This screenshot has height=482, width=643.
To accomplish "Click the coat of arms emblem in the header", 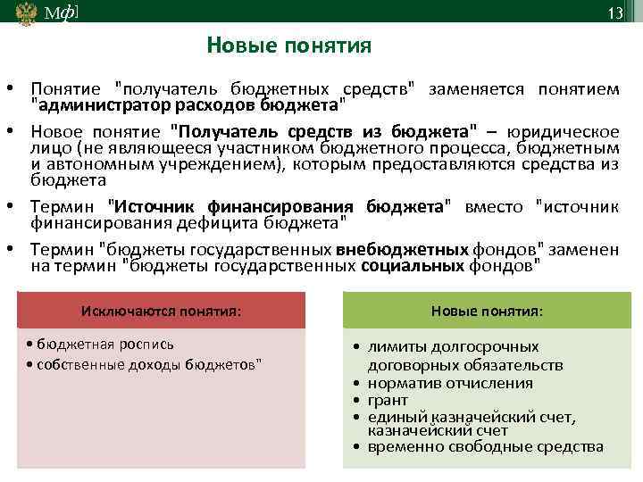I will pos(26,12).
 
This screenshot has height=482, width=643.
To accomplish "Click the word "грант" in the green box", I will pos(388,400).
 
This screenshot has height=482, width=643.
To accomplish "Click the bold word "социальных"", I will pos(413,266).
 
